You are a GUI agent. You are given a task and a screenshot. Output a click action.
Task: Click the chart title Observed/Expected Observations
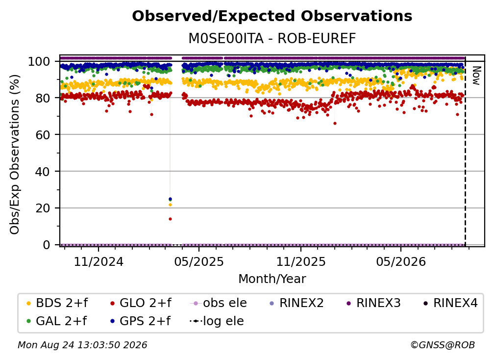(272, 16)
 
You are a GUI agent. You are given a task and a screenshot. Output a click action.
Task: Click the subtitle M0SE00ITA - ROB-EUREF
(272, 38)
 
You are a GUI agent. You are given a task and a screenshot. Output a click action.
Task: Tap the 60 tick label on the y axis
(43, 135)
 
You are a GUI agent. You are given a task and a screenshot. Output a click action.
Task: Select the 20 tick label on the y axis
(43, 208)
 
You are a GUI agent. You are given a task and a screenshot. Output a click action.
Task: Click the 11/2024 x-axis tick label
(99, 261)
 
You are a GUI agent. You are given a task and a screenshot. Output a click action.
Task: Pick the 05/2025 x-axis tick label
(199, 261)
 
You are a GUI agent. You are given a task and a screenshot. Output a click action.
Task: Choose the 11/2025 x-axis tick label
(301, 261)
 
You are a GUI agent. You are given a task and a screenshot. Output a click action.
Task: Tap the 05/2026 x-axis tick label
(401, 261)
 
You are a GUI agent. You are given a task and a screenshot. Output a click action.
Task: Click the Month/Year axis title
(272, 279)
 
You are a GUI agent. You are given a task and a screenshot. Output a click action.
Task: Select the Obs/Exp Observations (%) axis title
(15, 154)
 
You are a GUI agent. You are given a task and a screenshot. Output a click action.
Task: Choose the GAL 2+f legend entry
(57, 321)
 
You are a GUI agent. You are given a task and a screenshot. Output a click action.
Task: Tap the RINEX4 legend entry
(450, 303)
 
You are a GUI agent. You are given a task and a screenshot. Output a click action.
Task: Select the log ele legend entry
(217, 321)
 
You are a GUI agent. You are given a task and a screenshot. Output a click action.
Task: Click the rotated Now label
(476, 76)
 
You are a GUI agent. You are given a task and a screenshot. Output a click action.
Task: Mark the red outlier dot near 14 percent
(170, 219)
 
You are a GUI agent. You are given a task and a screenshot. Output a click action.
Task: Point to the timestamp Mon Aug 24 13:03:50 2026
(82, 345)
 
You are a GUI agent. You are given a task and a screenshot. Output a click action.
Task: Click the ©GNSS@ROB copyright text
(443, 345)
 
